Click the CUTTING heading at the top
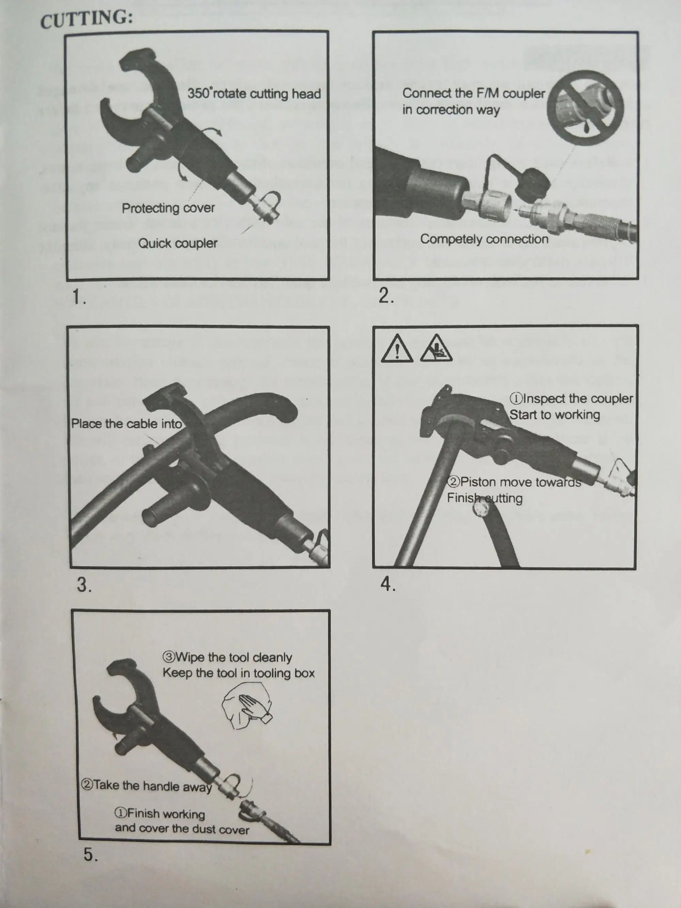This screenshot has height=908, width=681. [x=86, y=19]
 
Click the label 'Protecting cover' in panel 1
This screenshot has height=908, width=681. [x=168, y=208]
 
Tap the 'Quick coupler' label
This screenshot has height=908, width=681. [x=177, y=243]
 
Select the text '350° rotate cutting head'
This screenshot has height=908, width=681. [x=254, y=94]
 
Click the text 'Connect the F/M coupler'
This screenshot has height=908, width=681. [x=473, y=93]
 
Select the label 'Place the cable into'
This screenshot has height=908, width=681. [x=126, y=424]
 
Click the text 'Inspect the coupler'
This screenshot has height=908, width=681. [x=572, y=399]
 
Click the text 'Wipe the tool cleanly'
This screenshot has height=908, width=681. [x=228, y=657]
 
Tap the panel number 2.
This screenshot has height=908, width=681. [x=385, y=296]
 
